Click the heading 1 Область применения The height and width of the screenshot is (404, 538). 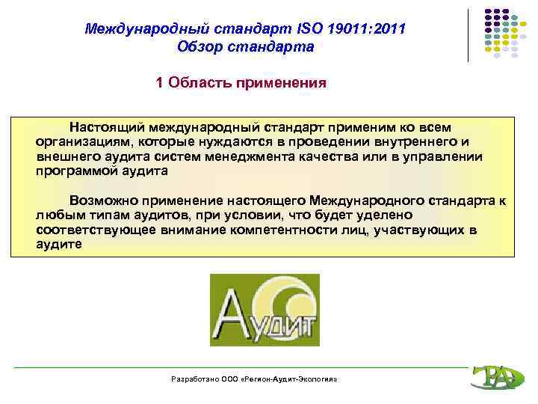tap(241, 82)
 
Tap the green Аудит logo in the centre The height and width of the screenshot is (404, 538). tap(264, 310)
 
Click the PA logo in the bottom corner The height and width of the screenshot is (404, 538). tap(493, 376)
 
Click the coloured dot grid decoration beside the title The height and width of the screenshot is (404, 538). tap(501, 34)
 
